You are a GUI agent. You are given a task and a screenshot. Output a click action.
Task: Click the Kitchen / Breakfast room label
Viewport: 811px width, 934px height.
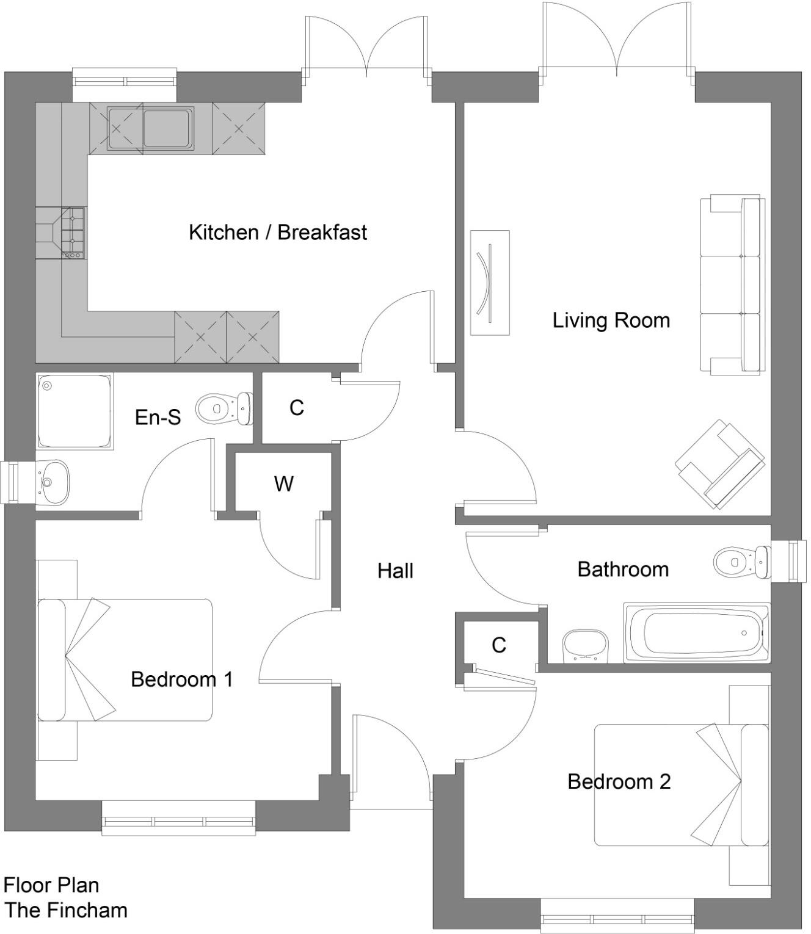pos(278,233)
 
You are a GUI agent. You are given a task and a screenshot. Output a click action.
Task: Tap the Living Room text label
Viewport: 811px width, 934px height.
pos(611,320)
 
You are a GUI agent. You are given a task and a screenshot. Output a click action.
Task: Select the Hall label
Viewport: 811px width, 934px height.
pos(395,571)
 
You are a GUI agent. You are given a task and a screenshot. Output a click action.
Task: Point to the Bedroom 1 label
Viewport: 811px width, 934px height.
pos(182,679)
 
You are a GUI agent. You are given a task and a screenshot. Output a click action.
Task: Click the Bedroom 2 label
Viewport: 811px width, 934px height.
pos(619,781)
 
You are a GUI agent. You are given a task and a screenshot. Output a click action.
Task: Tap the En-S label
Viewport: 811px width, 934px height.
pos(158,418)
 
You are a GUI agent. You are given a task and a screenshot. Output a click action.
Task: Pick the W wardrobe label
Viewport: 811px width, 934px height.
pos(283,483)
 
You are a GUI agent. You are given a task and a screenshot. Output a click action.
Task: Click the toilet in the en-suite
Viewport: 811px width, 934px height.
pos(224,408)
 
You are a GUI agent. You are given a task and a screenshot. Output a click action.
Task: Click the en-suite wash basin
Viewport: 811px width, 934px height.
pos(53,482)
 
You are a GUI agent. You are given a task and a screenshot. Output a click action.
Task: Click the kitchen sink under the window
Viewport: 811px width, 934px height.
pos(150,128)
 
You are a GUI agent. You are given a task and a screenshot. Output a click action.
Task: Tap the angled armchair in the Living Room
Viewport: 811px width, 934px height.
pos(720,463)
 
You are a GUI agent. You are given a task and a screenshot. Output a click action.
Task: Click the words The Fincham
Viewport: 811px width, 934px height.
pos(66,910)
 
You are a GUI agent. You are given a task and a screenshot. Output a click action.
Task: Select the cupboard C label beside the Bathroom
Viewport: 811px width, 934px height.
pos(498,645)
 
